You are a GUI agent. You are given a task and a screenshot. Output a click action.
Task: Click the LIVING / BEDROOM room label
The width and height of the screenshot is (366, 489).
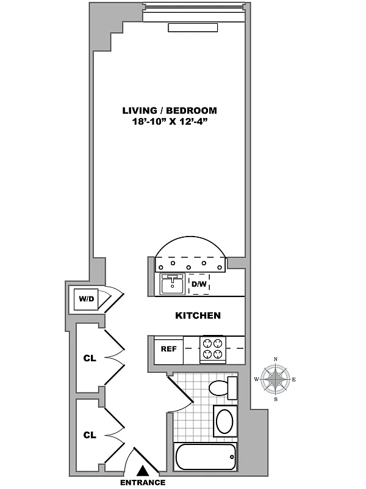170,111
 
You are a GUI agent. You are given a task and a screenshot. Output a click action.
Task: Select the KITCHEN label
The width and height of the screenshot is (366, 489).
198,316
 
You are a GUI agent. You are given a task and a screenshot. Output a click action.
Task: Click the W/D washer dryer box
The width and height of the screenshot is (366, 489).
84,300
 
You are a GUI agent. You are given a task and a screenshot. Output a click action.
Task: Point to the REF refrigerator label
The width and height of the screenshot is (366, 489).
168,349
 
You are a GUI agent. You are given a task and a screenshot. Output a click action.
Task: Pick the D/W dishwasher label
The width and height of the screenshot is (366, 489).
199,284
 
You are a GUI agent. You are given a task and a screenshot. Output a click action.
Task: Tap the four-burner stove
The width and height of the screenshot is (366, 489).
213,349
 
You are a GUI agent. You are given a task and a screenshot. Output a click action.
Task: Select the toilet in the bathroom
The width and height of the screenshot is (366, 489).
219,388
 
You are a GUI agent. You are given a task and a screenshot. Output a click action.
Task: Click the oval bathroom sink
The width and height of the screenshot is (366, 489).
224,422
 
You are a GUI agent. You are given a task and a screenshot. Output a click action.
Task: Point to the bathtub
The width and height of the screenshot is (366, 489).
204,455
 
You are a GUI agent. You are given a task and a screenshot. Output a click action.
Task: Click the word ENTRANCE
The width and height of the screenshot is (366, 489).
143,482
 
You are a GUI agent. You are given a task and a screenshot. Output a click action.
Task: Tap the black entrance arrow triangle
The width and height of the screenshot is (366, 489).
143,470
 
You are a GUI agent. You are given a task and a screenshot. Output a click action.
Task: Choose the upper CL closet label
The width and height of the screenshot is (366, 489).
90,358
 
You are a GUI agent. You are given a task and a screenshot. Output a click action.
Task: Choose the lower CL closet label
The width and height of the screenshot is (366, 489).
90,435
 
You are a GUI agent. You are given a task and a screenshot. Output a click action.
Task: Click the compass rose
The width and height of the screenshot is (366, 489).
276,380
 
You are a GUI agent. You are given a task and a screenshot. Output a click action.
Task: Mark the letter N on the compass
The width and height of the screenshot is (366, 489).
276,359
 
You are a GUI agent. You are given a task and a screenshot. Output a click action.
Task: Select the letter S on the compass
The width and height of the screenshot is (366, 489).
276,400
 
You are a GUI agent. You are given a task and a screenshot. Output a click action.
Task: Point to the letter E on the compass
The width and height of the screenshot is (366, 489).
295,380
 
